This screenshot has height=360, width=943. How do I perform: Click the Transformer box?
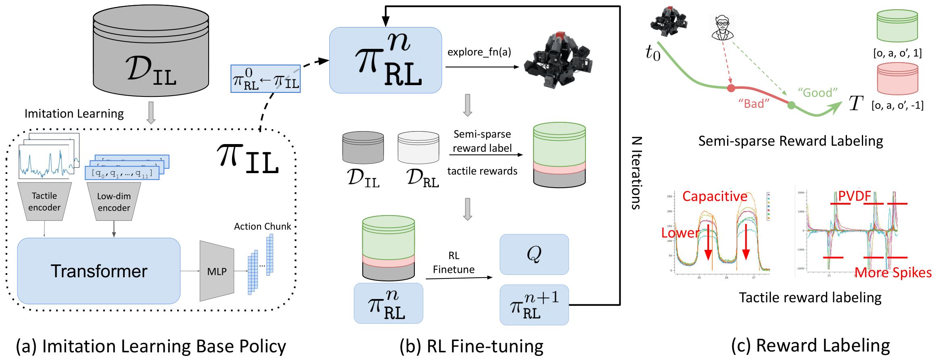99,271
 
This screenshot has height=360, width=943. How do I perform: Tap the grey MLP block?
217,271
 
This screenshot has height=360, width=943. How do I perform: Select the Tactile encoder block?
44,201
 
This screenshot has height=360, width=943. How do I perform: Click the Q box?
534,254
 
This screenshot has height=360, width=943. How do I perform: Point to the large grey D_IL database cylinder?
151,50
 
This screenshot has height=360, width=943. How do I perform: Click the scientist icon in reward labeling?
722,27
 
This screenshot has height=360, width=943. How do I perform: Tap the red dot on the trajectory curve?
731,88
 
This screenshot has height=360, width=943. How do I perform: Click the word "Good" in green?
818,93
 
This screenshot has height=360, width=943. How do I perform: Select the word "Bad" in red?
754,104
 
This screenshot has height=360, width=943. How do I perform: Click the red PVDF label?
854,196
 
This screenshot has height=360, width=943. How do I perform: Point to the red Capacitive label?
715,196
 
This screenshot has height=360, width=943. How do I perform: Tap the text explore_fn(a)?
479,52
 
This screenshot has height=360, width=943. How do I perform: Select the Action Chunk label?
262,226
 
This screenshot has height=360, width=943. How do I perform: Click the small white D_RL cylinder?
418,147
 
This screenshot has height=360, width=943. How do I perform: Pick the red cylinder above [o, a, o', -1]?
897,79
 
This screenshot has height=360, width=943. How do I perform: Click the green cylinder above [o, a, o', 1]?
897,26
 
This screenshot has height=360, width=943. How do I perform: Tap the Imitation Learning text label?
74,114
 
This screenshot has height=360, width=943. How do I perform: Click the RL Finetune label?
454,262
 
